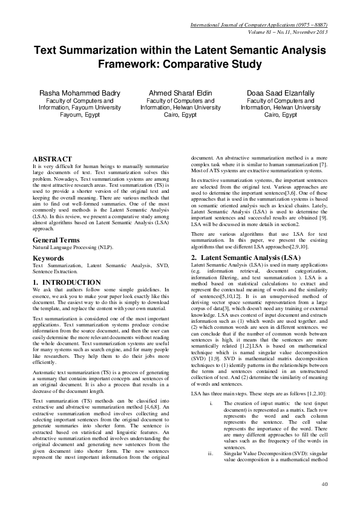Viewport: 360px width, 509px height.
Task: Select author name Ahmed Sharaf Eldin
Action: [180, 92]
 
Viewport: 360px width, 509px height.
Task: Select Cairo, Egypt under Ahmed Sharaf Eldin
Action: [180, 114]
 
